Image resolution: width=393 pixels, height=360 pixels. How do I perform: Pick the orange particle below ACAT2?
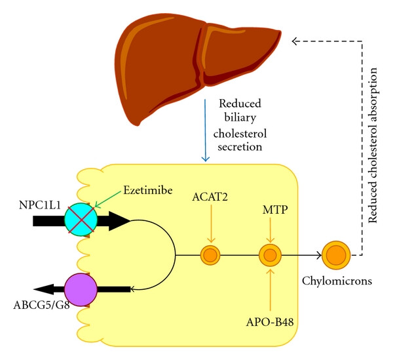(210, 254)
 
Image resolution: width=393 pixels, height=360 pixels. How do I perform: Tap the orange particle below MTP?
(270, 254)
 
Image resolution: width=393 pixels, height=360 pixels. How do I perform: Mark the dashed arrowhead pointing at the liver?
(296, 41)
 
